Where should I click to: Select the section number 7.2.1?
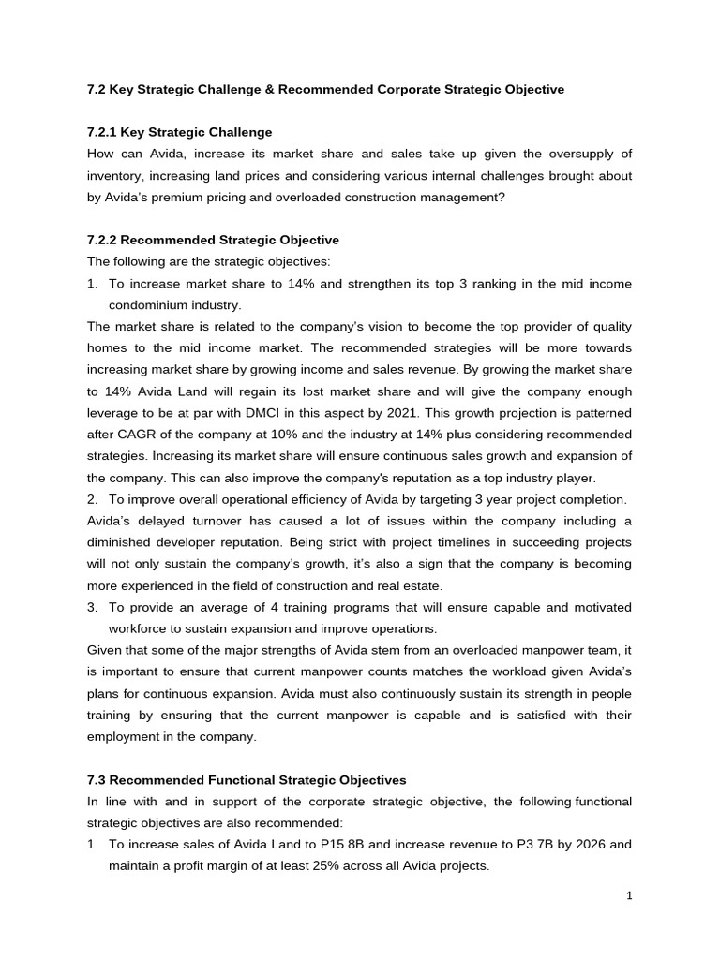click(x=104, y=132)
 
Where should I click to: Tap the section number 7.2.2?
click(x=104, y=240)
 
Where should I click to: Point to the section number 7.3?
click(x=97, y=779)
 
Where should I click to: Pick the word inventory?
click(x=115, y=175)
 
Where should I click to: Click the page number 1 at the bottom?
click(x=630, y=896)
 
